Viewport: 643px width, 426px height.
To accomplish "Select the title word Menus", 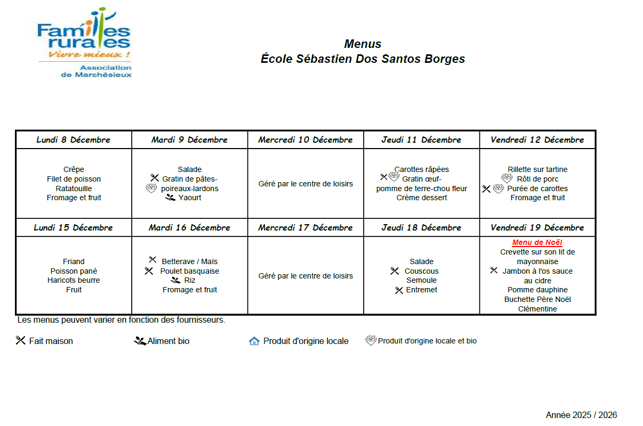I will click(x=363, y=44).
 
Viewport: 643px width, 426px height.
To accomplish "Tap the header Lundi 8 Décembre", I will click(x=74, y=140).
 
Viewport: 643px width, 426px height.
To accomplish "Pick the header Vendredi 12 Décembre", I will click(x=537, y=140).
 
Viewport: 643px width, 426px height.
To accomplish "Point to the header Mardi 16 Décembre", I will click(x=189, y=228).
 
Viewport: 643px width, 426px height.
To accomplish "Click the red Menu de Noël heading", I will click(x=537, y=243).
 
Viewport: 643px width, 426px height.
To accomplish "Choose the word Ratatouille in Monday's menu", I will click(x=74, y=189).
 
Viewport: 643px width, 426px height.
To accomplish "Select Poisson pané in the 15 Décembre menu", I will click(x=74, y=271).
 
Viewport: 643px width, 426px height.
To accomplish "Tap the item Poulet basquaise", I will click(x=189, y=271).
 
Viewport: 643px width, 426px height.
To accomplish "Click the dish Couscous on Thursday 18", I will click(x=421, y=271).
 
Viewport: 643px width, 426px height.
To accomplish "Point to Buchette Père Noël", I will click(x=537, y=299).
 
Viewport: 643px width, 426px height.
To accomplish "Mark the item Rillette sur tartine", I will click(x=537, y=169).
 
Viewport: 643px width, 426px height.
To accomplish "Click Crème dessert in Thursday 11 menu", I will click(x=421, y=198).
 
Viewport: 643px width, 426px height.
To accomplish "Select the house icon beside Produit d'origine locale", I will click(x=254, y=341).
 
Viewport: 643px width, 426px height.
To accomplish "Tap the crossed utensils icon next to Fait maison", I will click(x=21, y=340).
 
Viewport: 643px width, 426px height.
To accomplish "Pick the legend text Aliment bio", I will click(x=168, y=341).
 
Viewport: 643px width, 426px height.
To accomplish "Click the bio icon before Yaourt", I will click(x=170, y=198).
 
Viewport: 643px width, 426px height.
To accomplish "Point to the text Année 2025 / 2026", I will click(x=581, y=415).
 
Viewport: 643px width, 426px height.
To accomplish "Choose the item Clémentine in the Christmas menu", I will click(x=537, y=309).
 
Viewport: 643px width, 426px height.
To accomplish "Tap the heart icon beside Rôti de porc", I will click(x=507, y=178).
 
